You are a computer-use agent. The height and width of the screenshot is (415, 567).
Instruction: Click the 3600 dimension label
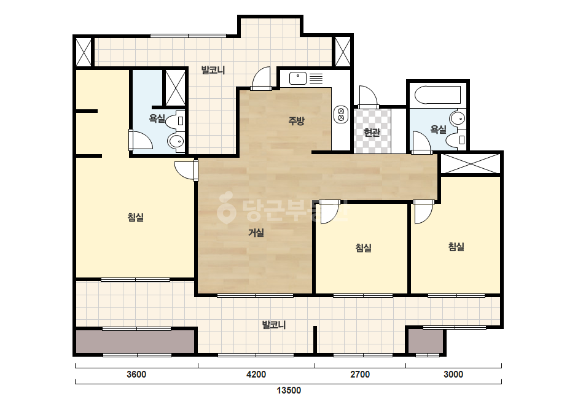click(136, 374)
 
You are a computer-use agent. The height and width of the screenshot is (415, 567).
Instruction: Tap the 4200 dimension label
click(256, 374)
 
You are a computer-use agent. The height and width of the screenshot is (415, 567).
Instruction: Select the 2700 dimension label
click(360, 374)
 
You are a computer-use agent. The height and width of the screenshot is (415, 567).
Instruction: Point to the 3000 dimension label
click(453, 374)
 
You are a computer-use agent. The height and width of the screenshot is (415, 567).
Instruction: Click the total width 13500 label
click(289, 390)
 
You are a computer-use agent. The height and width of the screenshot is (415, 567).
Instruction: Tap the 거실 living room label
click(256, 233)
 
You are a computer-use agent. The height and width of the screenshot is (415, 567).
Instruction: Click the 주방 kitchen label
click(296, 120)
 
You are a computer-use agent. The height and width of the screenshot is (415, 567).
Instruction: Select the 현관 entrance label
click(372, 133)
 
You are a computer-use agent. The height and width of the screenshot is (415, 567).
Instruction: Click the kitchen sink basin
click(298, 78)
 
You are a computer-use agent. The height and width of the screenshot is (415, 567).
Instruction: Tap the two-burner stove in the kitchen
click(341, 114)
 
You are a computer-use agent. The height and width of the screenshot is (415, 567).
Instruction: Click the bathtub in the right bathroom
click(437, 95)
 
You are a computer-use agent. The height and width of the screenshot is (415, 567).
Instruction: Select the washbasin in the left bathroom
click(176, 141)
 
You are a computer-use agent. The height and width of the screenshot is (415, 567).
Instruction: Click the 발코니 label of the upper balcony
click(213, 70)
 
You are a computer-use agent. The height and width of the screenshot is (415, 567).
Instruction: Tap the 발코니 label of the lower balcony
click(274, 325)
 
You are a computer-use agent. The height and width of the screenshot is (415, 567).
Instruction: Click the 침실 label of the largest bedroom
click(136, 217)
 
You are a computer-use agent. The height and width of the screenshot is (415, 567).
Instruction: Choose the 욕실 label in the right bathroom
click(438, 129)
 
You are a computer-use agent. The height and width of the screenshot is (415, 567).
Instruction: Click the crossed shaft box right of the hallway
click(471, 163)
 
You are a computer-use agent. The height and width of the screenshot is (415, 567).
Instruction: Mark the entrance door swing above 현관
click(368, 96)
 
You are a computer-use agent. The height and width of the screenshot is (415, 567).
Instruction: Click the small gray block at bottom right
click(426, 341)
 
